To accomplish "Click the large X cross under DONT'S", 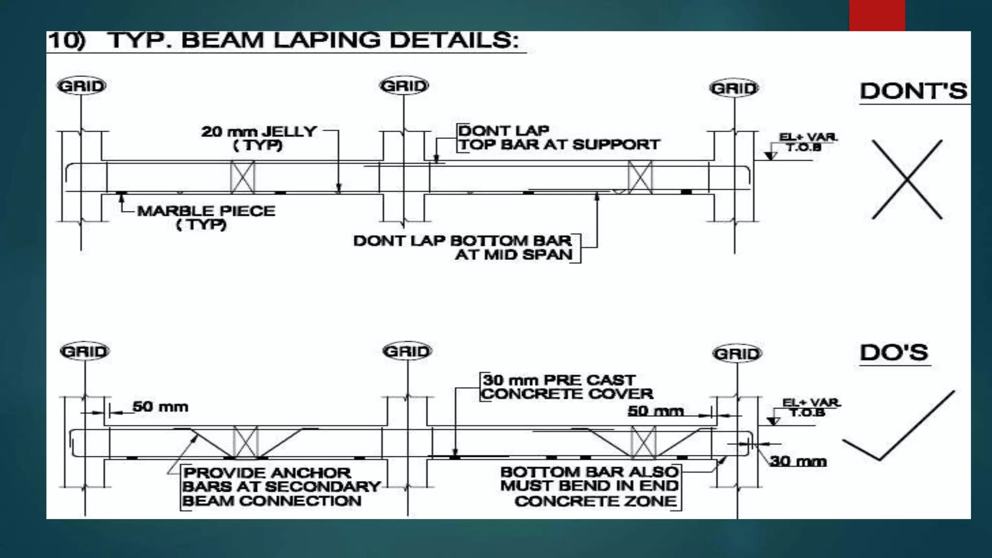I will click(x=907, y=179).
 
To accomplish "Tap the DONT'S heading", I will click(x=913, y=91).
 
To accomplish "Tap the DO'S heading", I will click(x=894, y=353).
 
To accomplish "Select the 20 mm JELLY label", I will click(x=259, y=138).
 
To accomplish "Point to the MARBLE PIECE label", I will click(x=206, y=217).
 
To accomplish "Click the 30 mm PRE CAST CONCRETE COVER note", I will click(x=567, y=387).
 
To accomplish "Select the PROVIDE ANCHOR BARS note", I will click(x=281, y=486).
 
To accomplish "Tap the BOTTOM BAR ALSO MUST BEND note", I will click(x=589, y=486).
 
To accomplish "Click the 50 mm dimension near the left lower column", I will click(x=160, y=406).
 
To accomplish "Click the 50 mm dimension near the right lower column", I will click(x=655, y=411).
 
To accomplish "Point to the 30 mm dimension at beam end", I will click(x=798, y=461).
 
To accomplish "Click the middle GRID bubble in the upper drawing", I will click(x=404, y=86).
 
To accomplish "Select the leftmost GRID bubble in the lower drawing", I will click(x=85, y=351).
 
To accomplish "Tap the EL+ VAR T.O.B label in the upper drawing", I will click(x=807, y=142).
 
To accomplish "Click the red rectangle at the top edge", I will click(x=877, y=15).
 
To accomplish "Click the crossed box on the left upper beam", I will click(x=243, y=177).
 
